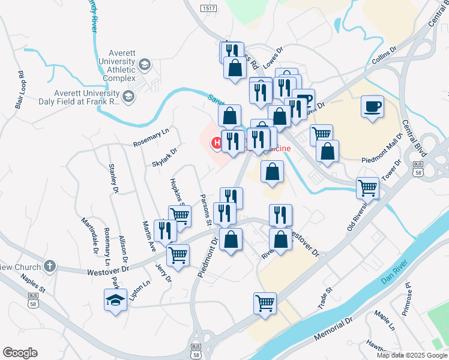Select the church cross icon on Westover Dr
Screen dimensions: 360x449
(x=50, y=266)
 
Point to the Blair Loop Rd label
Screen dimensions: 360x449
(x=21, y=90)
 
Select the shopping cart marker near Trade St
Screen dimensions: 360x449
(x=265, y=302)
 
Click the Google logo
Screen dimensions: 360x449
(x=20, y=353)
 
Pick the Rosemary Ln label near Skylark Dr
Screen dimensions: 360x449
(x=152, y=136)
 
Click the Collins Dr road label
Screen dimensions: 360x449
(x=384, y=56)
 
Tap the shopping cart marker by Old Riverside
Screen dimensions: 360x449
(x=367, y=187)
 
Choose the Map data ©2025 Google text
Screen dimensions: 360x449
(x=411, y=355)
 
